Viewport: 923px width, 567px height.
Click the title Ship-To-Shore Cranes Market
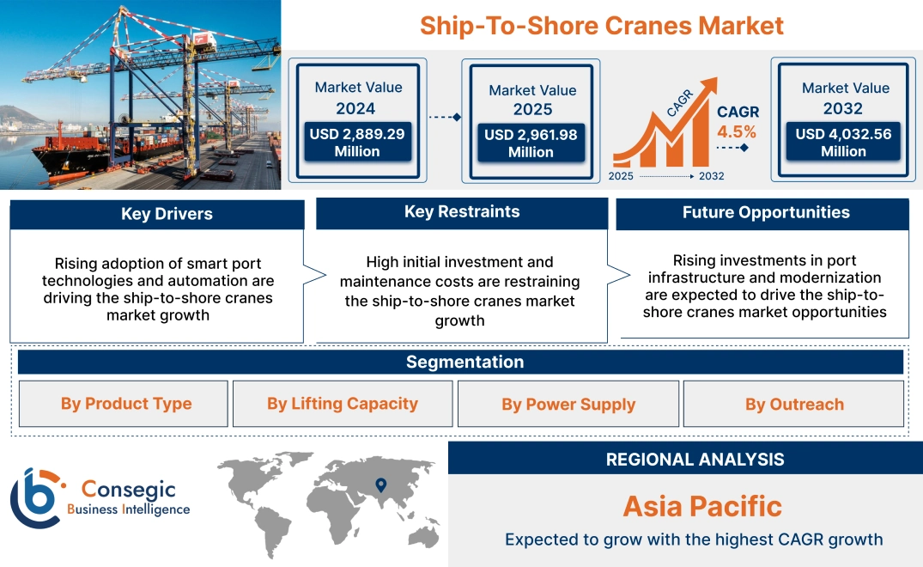click(602, 26)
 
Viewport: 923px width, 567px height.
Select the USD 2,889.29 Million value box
click(357, 143)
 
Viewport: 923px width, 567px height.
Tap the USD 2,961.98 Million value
click(531, 143)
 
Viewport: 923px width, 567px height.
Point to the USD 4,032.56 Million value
click(843, 143)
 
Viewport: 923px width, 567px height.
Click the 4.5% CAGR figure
click(737, 131)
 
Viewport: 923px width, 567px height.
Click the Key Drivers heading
click(167, 214)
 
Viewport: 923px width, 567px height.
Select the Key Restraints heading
click(462, 212)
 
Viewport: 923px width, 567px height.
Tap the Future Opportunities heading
click(766, 212)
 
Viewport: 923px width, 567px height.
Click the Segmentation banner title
click(465, 362)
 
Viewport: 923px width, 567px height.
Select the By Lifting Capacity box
click(343, 404)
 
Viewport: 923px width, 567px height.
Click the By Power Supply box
click(568, 404)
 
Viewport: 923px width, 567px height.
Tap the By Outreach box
click(793, 404)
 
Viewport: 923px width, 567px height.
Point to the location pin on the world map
click(381, 485)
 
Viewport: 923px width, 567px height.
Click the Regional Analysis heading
click(695, 460)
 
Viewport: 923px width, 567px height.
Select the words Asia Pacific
click(702, 506)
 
